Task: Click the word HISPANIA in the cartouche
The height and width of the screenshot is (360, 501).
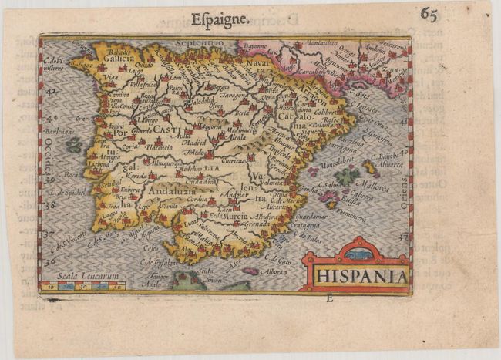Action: tap(356, 274)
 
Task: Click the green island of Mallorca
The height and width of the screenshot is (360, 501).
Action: tap(348, 176)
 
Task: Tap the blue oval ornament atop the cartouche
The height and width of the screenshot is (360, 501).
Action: tap(357, 254)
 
